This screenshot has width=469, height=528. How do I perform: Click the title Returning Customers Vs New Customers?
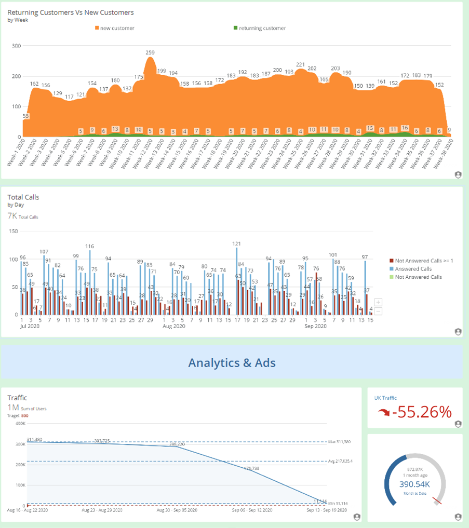pos(71,12)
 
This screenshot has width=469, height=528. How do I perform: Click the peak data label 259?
pos(150,52)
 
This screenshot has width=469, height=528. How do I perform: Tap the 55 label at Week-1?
pos(26,116)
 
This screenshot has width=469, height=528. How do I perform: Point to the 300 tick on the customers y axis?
pos(16,46)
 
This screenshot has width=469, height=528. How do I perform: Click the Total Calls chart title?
pos(23,197)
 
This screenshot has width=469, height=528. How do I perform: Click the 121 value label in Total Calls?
pos(237,243)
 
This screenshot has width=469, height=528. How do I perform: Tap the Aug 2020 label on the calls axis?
pos(173,327)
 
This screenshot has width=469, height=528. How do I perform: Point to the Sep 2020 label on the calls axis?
pos(315,327)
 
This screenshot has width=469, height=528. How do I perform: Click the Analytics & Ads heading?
pos(232,362)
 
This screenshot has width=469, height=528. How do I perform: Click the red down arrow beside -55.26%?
pos(384,412)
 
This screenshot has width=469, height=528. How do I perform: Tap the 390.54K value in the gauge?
pos(414,483)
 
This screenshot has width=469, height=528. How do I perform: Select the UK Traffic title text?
pos(385,398)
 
